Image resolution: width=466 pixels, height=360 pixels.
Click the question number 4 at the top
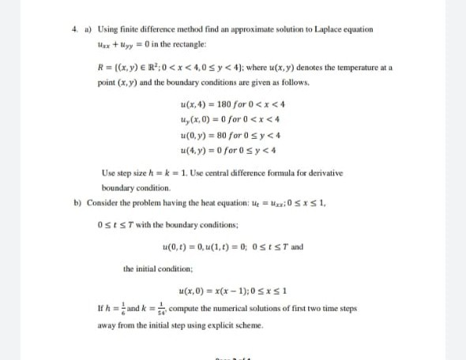(74, 29)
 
